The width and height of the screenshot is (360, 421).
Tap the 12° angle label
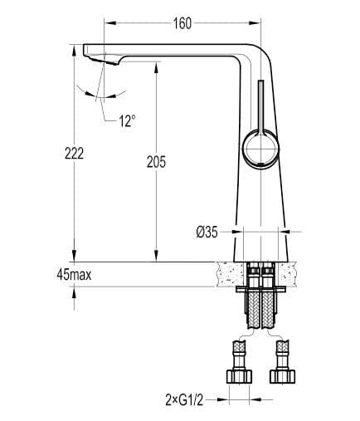[x=126, y=121]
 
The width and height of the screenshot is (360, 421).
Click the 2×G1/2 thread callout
[x=183, y=399]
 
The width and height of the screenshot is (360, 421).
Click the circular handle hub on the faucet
[x=260, y=153]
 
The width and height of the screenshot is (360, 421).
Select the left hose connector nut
[x=240, y=374]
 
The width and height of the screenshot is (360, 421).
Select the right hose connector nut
[x=282, y=374]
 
